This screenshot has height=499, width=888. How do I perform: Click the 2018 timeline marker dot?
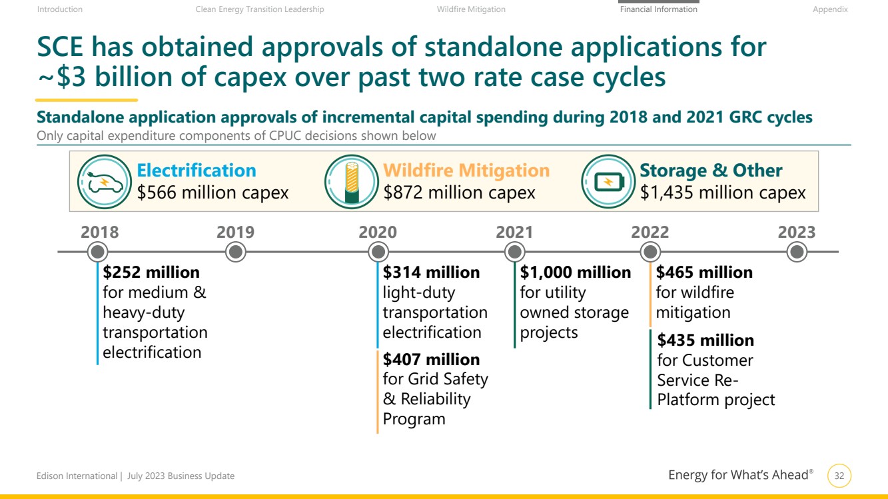click(x=98, y=252)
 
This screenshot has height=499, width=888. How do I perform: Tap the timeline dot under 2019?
click(x=235, y=252)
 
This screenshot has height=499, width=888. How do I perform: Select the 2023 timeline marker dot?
click(x=797, y=252)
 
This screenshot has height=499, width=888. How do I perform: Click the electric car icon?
click(x=101, y=181)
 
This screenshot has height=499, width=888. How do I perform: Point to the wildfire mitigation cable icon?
click(x=350, y=181)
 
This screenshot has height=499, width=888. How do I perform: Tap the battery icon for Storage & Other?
click(x=606, y=181)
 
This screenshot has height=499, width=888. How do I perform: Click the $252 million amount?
click(x=151, y=272)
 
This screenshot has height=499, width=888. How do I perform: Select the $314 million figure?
click(x=431, y=272)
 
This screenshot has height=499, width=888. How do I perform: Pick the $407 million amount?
click(x=431, y=360)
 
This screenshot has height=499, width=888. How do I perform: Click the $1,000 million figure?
click(x=576, y=272)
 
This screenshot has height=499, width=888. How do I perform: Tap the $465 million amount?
click(x=704, y=272)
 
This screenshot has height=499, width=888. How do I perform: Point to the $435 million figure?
click(x=705, y=340)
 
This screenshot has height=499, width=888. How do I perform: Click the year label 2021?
click(x=514, y=232)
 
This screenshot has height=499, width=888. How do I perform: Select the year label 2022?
click(x=650, y=232)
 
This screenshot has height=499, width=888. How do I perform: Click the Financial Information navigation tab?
click(x=658, y=9)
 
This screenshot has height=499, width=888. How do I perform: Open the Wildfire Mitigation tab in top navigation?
click(x=471, y=9)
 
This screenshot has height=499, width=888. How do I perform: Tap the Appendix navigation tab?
click(x=830, y=9)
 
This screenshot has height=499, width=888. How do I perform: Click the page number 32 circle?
click(x=839, y=476)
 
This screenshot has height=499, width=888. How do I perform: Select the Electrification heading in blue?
click(x=197, y=171)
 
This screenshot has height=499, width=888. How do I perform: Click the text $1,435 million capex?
click(x=723, y=193)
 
